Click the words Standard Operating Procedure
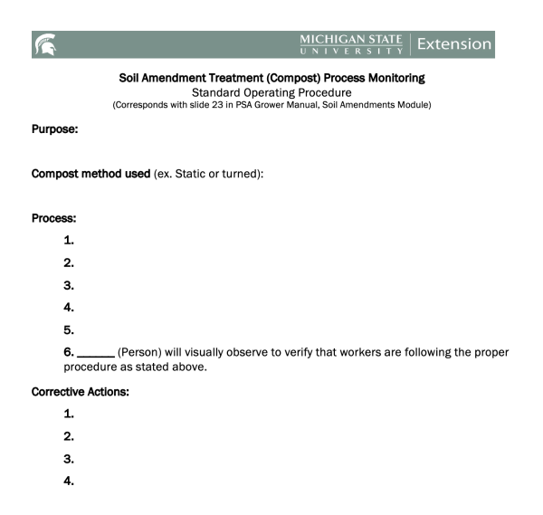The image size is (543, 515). (272, 91)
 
